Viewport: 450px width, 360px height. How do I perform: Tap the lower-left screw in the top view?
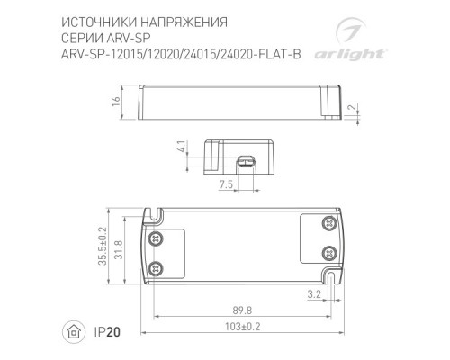pos(157,266)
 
